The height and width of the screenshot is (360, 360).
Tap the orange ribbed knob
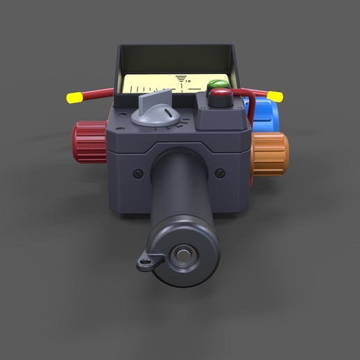point(271,153)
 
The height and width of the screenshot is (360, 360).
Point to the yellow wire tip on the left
point(73,98)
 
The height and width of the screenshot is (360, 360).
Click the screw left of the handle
point(138,174)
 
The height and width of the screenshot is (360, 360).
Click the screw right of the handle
point(220,173)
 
